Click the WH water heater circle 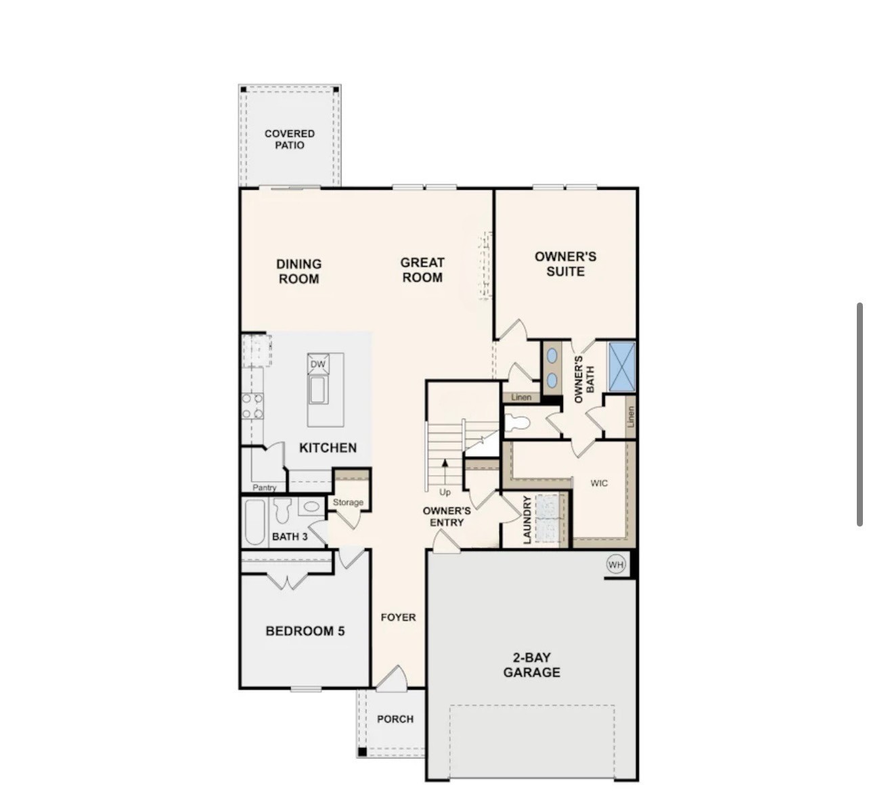pyautogui.click(x=616, y=564)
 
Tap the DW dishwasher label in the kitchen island pyautogui.click(x=317, y=364)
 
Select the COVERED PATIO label pyautogui.click(x=290, y=139)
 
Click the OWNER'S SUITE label pyautogui.click(x=565, y=264)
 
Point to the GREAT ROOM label pyautogui.click(x=422, y=269)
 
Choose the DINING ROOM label pyautogui.click(x=299, y=271)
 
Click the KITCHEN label pyautogui.click(x=328, y=448)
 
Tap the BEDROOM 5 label pyautogui.click(x=305, y=631)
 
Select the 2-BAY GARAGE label pyautogui.click(x=532, y=665)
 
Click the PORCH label pyautogui.click(x=395, y=719)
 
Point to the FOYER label pyautogui.click(x=398, y=617)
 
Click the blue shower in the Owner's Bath pyautogui.click(x=622, y=367)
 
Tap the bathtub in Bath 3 pyautogui.click(x=254, y=522)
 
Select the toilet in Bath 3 pyautogui.click(x=282, y=510)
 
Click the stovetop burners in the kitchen pyautogui.click(x=253, y=405)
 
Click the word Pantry pyautogui.click(x=265, y=487)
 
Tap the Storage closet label pyautogui.click(x=348, y=502)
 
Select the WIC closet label pyautogui.click(x=599, y=483)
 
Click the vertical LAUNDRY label pyautogui.click(x=527, y=520)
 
